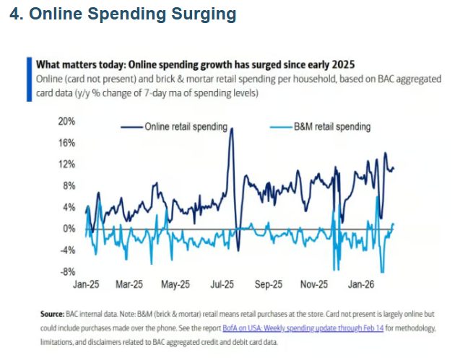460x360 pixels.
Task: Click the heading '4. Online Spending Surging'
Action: [123, 14]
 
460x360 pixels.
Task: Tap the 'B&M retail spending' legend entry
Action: [332, 127]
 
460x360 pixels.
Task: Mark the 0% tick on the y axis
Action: [69, 229]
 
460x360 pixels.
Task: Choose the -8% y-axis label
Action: [67, 271]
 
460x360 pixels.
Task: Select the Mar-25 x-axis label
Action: [131, 285]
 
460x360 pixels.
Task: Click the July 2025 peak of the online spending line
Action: [232, 129]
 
